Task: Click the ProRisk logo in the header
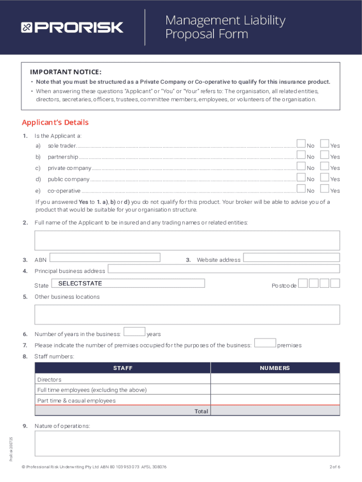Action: click(72, 27)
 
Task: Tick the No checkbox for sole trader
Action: click(301, 144)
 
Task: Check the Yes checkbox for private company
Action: click(324, 166)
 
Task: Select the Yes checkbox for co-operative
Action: click(324, 189)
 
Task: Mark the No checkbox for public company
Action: click(301, 177)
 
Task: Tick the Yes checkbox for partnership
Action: click(324, 155)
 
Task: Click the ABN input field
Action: click(105, 257)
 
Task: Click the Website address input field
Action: click(291, 257)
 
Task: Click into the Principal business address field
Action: click(224, 269)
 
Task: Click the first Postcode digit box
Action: click(303, 283)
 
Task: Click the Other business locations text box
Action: click(187, 314)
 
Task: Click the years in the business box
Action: click(134, 332)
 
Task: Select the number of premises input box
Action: click(265, 343)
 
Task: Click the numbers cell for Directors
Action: click(275, 379)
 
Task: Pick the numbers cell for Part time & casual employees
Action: click(275, 400)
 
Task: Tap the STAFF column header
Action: click(123, 368)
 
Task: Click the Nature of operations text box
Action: click(187, 443)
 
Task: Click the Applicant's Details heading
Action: click(55, 123)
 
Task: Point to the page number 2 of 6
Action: click(335, 467)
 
